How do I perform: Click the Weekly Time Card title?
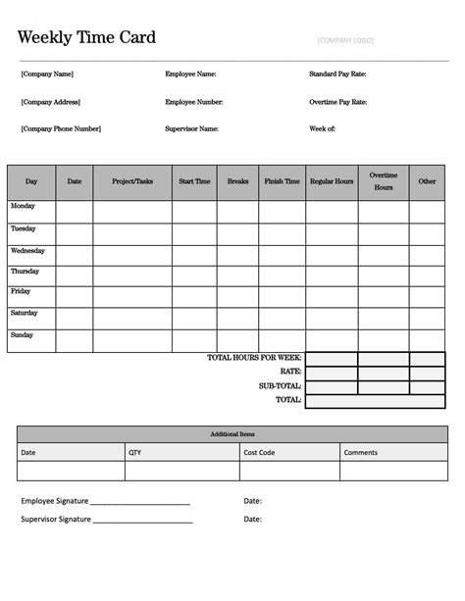click(x=86, y=37)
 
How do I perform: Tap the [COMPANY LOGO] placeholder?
click(x=345, y=40)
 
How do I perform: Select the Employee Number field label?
click(x=194, y=102)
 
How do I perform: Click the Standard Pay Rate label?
click(x=338, y=75)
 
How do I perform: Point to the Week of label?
click(x=323, y=128)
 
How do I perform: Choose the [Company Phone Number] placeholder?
click(x=61, y=128)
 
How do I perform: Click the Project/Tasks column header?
click(x=132, y=181)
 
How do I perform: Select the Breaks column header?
click(x=237, y=181)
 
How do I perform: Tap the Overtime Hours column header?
click(x=383, y=181)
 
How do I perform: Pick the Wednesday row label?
click(x=27, y=251)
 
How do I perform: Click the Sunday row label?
click(x=23, y=335)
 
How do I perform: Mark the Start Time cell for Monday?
click(x=194, y=212)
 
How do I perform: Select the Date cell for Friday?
click(x=75, y=297)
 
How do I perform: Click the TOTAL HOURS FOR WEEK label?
click(x=254, y=358)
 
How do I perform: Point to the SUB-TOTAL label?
click(x=280, y=386)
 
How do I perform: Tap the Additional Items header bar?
click(x=232, y=433)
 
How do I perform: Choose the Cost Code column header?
click(x=259, y=452)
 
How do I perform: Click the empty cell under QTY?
click(x=181, y=471)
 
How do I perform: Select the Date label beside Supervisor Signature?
click(x=253, y=520)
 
